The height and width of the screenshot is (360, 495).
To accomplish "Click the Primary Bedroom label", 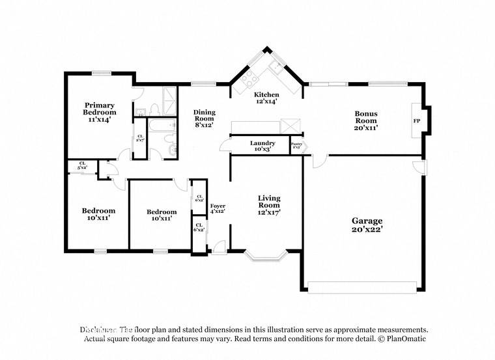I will point(100,112).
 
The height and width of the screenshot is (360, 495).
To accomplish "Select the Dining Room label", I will point(204,118).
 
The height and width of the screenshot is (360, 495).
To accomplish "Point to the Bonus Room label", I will point(365,120).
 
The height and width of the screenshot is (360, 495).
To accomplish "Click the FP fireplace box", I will point(416,120).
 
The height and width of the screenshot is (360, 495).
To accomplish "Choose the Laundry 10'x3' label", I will point(262,146).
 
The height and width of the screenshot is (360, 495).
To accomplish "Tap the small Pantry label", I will point(296,146).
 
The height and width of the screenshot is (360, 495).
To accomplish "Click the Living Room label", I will point(269,204).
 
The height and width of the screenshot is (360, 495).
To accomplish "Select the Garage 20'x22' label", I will point(363,225).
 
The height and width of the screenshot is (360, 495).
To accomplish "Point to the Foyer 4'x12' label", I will point(217,208).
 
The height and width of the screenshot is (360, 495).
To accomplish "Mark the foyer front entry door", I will point(219,248).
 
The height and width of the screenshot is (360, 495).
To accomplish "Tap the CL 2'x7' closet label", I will point(140,138).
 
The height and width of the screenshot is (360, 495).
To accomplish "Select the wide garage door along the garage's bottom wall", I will point(362,287).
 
